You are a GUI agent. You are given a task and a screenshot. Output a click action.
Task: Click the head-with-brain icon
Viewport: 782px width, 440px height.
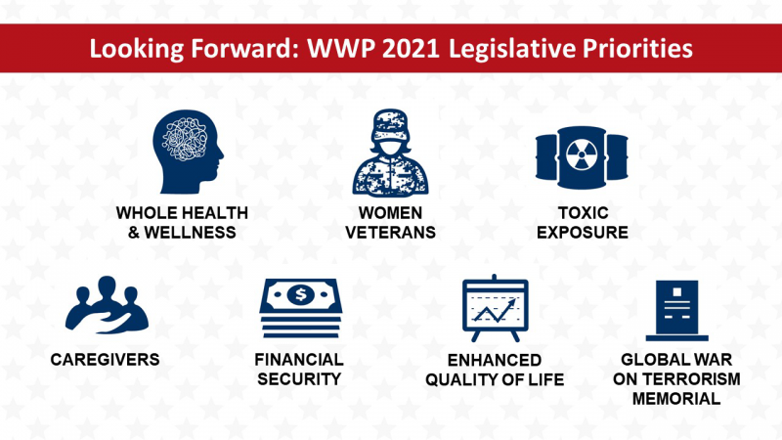(188, 152)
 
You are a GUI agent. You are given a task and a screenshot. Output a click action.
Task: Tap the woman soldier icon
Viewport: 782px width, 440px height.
(390, 153)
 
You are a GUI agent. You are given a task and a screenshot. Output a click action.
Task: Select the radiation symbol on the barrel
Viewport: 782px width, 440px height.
(582, 154)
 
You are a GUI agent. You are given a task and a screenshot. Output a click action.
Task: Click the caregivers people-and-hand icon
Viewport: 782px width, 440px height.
(107, 304)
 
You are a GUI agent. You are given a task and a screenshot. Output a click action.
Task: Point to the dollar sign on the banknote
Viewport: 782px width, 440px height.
(300, 294)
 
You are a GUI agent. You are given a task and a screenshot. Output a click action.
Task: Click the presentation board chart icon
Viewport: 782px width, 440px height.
(496, 308)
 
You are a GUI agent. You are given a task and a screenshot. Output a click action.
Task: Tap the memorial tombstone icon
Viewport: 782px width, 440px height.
(676, 310)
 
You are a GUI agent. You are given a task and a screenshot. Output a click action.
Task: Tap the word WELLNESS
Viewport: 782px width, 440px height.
(190, 233)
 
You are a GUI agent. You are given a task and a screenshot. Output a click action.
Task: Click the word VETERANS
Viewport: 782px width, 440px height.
(390, 233)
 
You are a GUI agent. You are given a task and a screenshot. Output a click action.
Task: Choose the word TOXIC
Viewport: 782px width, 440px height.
(583, 213)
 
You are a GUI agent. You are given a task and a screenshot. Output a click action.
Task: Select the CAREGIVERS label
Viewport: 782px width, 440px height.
(106, 360)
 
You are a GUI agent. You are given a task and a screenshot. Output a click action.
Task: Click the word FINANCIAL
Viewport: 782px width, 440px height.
(299, 360)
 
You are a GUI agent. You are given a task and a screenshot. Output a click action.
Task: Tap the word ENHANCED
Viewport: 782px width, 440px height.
(495, 360)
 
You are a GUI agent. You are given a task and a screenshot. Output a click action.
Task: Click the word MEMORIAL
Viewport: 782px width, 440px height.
(676, 399)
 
